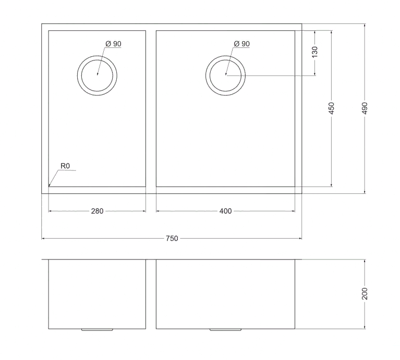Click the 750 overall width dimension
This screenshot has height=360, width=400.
point(172,239)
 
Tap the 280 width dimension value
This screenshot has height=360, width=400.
point(97,211)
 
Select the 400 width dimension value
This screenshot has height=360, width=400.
point(225,211)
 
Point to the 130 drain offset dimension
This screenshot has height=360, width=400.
point(315,52)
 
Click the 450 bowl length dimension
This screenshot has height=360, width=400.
point(331,108)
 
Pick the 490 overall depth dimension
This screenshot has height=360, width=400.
point(365,108)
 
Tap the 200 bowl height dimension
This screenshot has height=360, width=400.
point(365,294)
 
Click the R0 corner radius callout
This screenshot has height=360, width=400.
point(65,166)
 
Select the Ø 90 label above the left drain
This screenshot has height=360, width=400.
point(114,44)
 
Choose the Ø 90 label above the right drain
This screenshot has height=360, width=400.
point(242,44)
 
